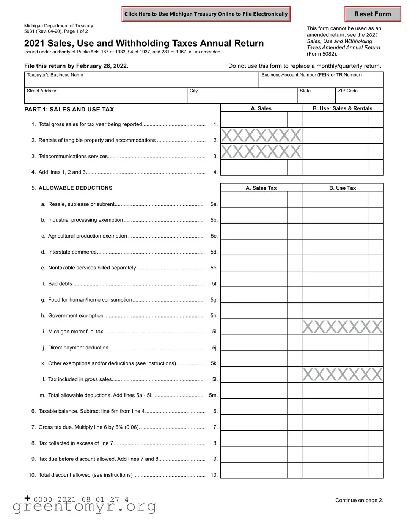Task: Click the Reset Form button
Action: point(372,14)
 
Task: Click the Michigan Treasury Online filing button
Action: point(206,14)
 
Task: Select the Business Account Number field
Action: point(321,81)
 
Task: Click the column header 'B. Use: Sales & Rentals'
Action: point(342,108)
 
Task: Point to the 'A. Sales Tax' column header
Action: point(261,188)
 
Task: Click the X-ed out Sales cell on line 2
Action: point(261,136)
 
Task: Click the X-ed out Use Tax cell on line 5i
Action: point(342,327)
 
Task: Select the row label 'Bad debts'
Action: point(60,284)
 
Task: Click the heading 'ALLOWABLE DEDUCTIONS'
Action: point(75,188)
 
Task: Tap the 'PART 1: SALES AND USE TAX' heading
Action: point(69,110)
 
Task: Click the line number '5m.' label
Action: point(213,395)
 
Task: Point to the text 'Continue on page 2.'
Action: point(359,500)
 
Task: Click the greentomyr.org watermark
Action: point(84,507)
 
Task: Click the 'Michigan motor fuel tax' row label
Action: point(75,332)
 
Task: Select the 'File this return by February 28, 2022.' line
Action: point(76,66)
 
